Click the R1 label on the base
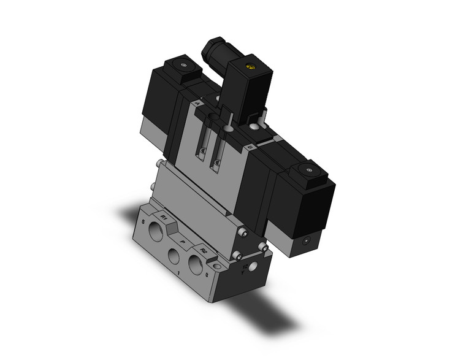(x=164, y=217)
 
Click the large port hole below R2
(x=195, y=265)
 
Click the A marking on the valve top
(x=196, y=105)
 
